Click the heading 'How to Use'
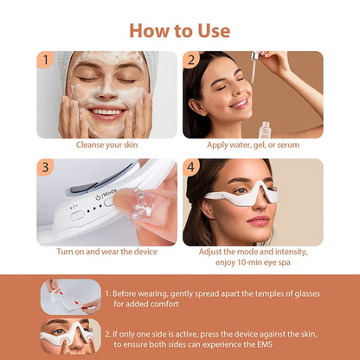coord(180,30)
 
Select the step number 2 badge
coord(191,60)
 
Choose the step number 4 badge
coord(191,167)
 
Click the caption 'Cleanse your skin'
coord(106,145)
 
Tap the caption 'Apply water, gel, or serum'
coord(253,145)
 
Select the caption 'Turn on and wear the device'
coord(106,252)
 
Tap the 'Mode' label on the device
coord(109,193)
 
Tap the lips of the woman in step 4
coord(260,222)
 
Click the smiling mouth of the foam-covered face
coord(106,112)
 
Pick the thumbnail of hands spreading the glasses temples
coord(67,295)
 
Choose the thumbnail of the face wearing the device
coord(67,335)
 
